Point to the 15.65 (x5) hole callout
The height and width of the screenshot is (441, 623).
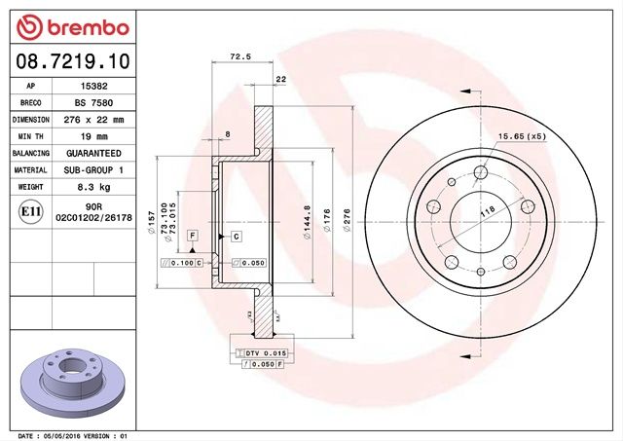coord(522,137)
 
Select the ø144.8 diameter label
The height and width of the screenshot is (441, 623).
coord(307,223)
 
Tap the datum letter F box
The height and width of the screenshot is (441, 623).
coord(193,237)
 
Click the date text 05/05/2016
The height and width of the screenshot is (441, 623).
coord(64,436)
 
